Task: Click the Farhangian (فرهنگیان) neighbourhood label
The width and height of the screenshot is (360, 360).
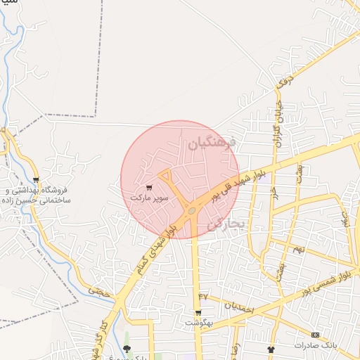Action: point(216,146)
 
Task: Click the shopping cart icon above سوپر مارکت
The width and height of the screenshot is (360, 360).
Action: point(150,188)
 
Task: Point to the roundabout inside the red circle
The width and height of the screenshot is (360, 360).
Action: point(191,210)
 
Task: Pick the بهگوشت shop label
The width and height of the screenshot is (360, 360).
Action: point(198,323)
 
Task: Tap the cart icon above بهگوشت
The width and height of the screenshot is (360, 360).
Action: point(199,313)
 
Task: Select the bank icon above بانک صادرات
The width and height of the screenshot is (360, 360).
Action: point(315,334)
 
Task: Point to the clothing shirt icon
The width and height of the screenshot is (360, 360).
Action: point(271,349)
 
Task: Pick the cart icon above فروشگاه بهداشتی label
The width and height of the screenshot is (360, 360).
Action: point(36,180)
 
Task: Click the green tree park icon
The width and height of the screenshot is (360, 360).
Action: point(127,349)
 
